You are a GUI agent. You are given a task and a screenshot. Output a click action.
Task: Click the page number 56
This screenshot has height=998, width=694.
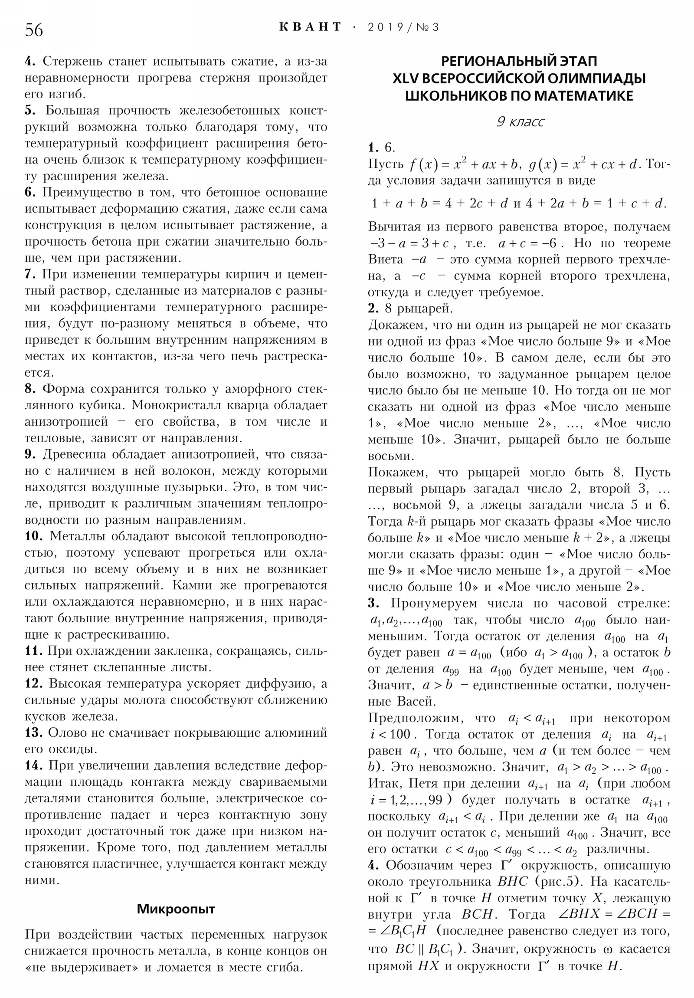coord(34,30)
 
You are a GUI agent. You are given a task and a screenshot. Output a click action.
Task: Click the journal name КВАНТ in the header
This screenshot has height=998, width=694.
coord(310,27)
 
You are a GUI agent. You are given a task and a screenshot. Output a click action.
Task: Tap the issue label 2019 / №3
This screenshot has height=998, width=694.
coord(403,27)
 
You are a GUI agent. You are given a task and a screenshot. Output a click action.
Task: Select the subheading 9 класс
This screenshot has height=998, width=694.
coord(520,121)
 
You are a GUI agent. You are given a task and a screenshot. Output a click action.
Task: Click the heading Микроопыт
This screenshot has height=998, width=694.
coord(176,909)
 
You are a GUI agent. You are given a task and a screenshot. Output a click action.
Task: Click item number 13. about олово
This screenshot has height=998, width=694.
coord(34,733)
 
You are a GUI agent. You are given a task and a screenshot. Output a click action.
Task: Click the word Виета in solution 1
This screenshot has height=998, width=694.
coord(386,259)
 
